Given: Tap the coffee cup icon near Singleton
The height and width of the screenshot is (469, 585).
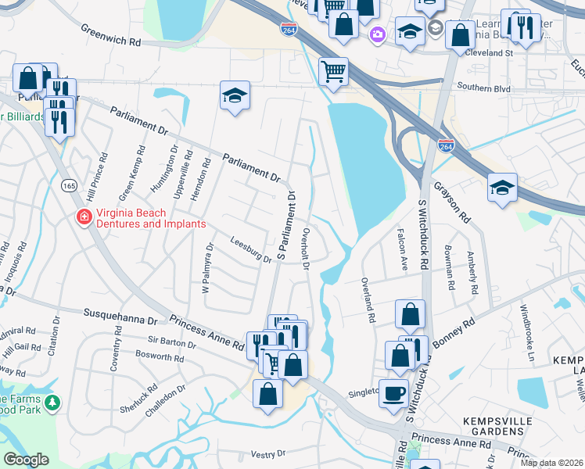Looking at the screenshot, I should click(x=393, y=392).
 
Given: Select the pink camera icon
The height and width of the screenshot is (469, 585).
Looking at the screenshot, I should click(x=379, y=34).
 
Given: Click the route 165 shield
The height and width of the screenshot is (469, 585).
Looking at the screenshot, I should click(x=70, y=185).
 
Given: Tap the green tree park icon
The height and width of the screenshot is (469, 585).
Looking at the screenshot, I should click(x=52, y=403).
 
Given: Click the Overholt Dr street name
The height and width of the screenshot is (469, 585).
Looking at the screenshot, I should click(x=307, y=250).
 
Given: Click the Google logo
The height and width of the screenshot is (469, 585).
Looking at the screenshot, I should click(x=27, y=460).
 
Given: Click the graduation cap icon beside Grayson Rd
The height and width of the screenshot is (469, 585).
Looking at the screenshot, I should click(x=502, y=188).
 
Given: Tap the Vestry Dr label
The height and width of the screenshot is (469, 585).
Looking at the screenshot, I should click(x=271, y=454).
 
